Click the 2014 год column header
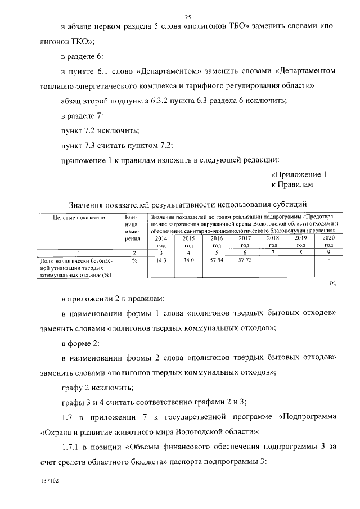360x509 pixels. (x=161, y=242)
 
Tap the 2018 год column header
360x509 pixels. (x=273, y=242)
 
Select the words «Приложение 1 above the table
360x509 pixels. (x=298, y=174)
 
